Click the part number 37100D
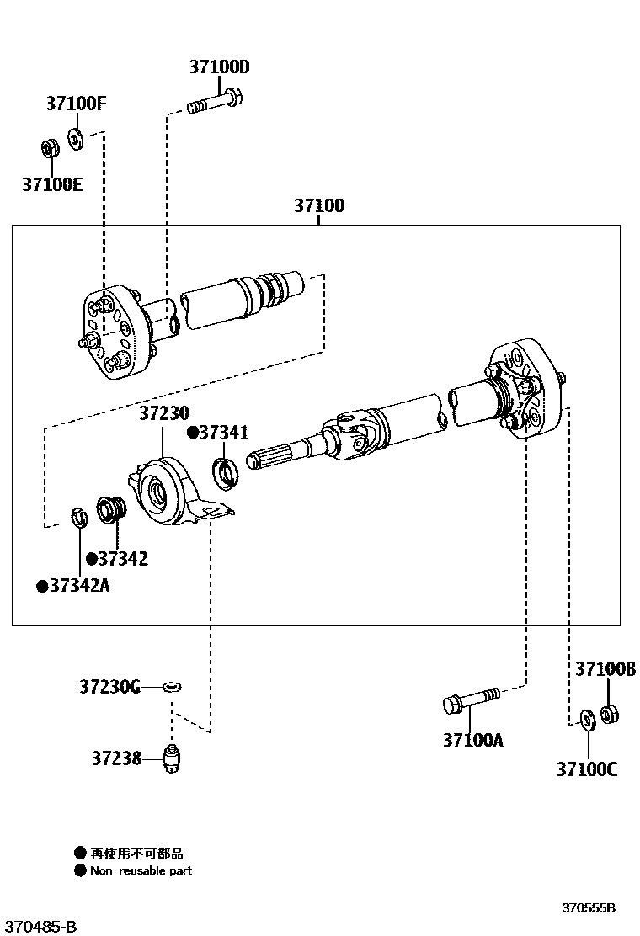tap(219, 67)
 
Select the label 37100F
tap(76, 104)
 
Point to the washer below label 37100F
tap(75, 139)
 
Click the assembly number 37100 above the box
tap(319, 205)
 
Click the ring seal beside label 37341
tap(226, 472)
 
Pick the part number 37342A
tap(79, 586)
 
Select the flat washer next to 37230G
tap(171, 688)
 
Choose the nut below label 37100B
tap(611, 715)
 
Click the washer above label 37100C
tap(587, 720)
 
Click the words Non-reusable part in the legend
tap(141, 870)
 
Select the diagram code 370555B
tap(589, 908)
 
